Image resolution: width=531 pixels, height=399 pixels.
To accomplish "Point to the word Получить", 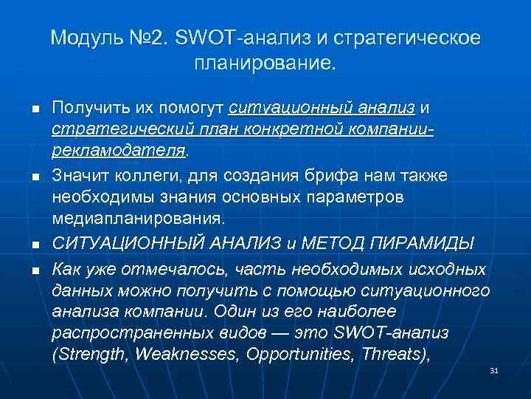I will (x=89, y=108).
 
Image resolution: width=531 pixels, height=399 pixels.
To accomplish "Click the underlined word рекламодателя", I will (x=119, y=151).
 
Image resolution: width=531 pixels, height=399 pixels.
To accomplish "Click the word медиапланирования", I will (x=136, y=219).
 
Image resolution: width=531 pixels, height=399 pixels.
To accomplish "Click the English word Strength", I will (x=94, y=354).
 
